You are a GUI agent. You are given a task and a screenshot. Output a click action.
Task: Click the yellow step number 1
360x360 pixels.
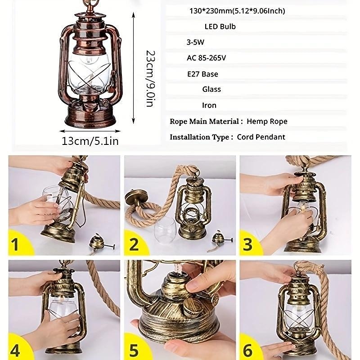pos(15,244)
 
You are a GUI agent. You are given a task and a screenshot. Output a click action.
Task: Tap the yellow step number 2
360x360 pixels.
pos(134,244)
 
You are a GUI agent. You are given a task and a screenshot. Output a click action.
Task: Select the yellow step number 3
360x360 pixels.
pos(247,244)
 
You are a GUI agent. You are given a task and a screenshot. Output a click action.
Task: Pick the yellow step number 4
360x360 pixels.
pos(15,351)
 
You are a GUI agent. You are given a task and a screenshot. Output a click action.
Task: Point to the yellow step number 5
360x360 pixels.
pos(134,351)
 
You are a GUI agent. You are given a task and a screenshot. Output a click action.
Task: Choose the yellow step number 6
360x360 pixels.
pos(248,351)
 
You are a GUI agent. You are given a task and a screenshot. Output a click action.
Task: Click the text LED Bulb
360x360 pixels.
pos(220,27)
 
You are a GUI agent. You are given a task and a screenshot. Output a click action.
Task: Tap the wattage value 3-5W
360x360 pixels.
pos(195,42)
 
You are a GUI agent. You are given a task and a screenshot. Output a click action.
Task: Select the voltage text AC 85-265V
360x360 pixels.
pos(206,58)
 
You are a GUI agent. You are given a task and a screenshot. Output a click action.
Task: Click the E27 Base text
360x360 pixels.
pos(202,74)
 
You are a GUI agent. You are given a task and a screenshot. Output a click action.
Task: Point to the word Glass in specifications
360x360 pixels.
pos(211,89)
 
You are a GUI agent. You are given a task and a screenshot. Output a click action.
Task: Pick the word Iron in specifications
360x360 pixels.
pos(209,105)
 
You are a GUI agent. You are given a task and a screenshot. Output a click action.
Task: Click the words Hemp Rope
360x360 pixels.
pos(267,121)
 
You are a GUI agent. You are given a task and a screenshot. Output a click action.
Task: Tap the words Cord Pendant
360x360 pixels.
pos(261,137)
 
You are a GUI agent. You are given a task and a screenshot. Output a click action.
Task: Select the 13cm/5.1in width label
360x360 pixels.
pos(90,141)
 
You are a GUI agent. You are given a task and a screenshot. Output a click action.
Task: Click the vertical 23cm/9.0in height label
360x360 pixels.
pos(151,79)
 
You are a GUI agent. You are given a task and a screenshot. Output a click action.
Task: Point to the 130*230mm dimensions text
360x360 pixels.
pos(237,11)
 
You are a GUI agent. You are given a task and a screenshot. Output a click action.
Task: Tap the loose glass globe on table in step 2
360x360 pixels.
pos(165,230)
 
